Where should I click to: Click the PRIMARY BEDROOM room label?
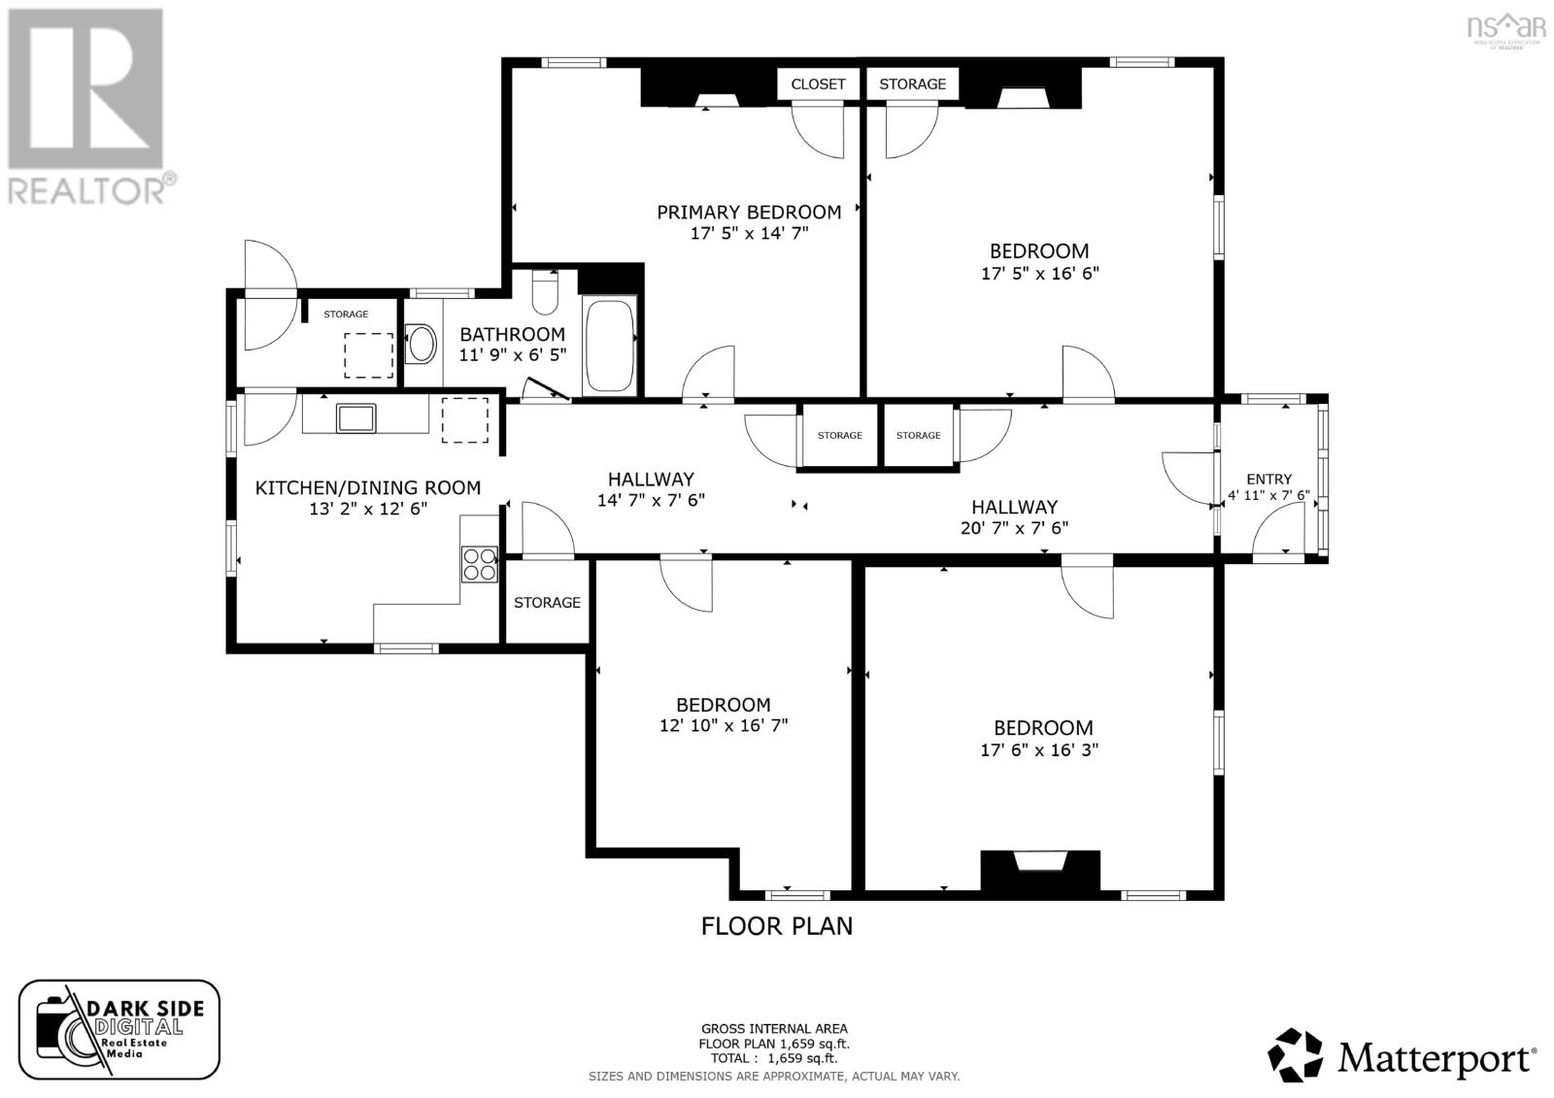(749, 212)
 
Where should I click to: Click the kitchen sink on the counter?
(355, 417)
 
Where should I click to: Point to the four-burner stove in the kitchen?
(479, 564)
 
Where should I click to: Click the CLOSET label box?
(818, 84)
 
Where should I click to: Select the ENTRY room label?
(1268, 479)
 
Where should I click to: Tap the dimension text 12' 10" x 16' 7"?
(723, 725)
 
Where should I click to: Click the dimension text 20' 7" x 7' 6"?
(1014, 528)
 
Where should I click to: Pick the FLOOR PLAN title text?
(777, 926)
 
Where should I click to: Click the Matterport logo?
(1402, 1055)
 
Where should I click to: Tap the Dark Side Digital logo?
(118, 1029)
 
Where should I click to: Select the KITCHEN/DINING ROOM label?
(367, 487)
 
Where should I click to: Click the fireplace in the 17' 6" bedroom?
(1039, 869)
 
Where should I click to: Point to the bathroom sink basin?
(421, 343)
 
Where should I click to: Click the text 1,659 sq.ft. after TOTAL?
(801, 1059)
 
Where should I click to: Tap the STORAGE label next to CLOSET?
(912, 84)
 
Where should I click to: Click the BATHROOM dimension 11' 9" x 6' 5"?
(512, 355)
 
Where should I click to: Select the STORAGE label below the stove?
(547, 603)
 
